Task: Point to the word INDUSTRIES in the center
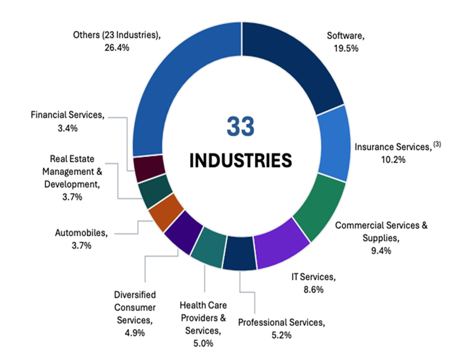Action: click(242, 159)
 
